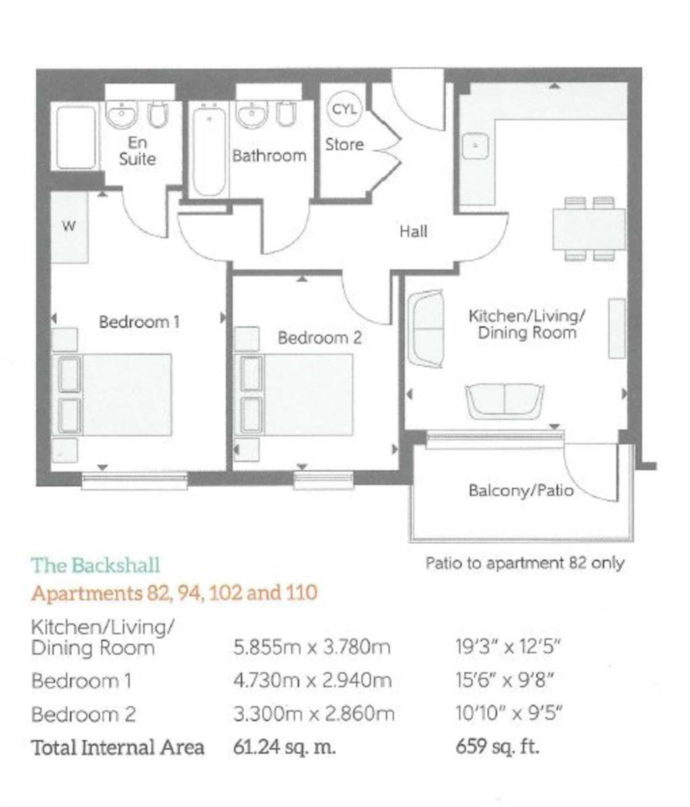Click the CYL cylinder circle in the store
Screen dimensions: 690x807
344,109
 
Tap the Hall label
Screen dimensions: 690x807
413,232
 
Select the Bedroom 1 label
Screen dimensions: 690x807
139,322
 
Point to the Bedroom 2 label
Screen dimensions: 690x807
320,338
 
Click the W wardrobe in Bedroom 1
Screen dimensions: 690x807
70,227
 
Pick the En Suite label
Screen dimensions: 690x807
137,150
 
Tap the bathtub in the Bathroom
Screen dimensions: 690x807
209,150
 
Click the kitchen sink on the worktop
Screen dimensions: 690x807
475,146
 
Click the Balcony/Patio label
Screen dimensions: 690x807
521,491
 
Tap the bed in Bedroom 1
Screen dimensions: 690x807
112,394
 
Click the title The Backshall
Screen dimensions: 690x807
96,565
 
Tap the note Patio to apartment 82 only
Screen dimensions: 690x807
525,563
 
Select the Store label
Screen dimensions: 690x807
345,145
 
